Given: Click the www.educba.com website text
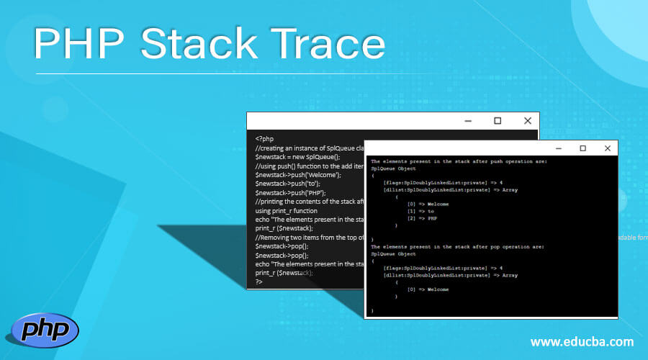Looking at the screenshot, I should pos(582,341).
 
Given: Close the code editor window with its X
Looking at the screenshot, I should pos(527,121).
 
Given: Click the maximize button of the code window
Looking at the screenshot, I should pos(497,121).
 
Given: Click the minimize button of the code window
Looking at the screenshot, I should pos(467,121).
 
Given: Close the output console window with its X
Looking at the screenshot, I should pos(607,148).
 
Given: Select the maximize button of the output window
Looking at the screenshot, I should pos(582,148).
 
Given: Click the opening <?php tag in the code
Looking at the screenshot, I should pos(264,138).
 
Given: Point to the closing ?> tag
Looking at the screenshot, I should pos(259,282).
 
